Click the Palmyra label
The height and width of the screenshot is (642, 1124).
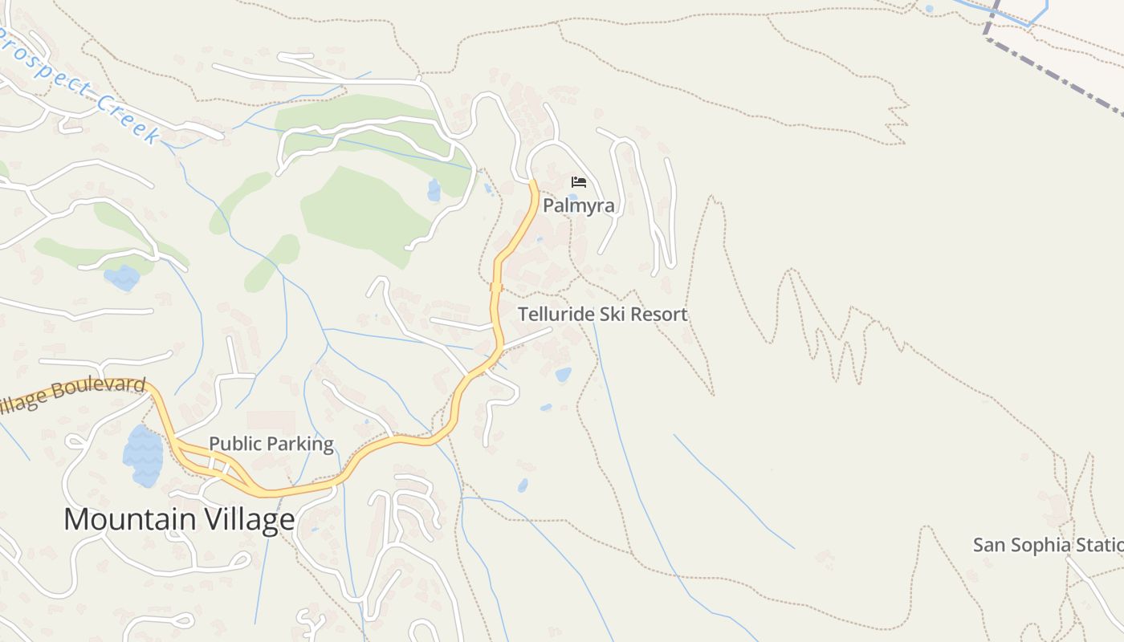click(578, 205)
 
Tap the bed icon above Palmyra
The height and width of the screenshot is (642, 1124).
click(578, 182)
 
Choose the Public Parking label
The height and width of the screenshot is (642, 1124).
click(271, 444)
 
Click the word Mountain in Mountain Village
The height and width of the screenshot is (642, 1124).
click(128, 519)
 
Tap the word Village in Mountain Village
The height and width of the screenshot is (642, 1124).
click(248, 519)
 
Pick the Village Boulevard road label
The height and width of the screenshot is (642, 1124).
click(72, 395)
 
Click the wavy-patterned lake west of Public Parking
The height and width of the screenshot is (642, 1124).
click(143, 457)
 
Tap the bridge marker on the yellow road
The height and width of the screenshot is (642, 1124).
click(496, 286)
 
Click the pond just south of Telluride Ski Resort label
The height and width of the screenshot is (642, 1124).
click(564, 374)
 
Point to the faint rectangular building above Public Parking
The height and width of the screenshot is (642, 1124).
click(271, 421)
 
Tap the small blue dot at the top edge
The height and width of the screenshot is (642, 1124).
click(929, 9)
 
